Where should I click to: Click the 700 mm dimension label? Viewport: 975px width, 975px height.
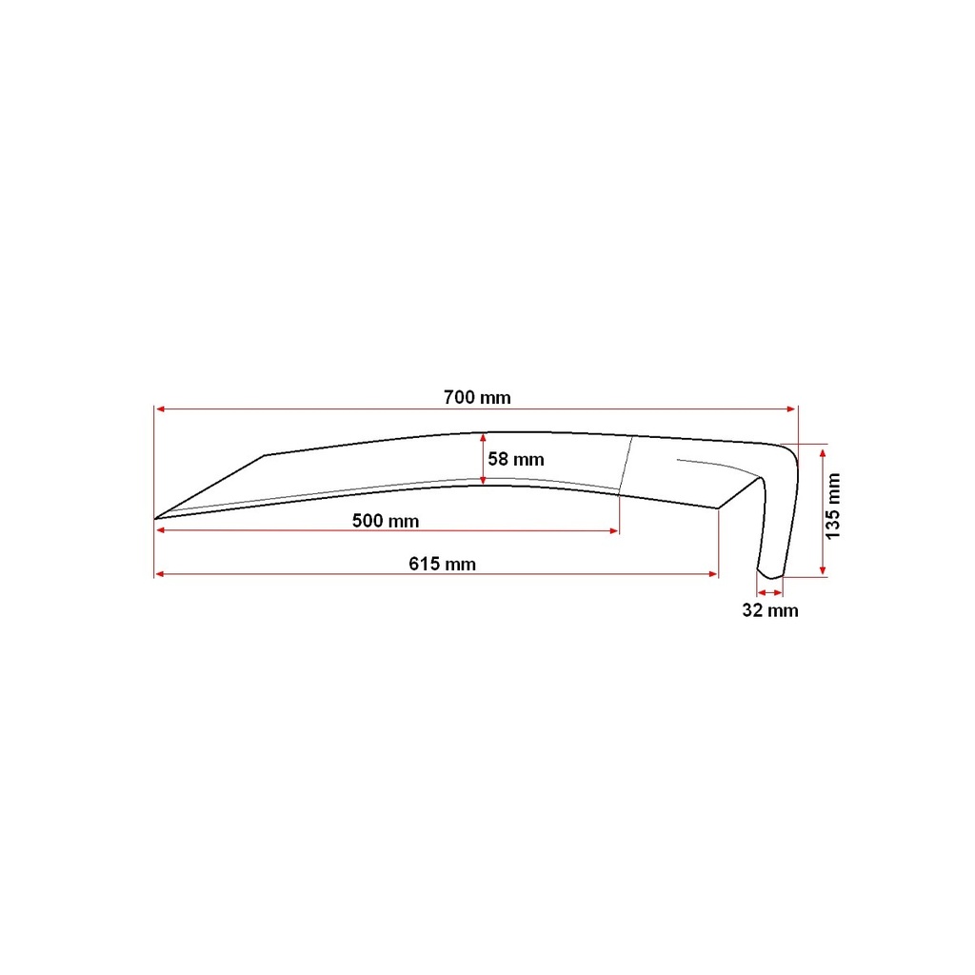(477, 397)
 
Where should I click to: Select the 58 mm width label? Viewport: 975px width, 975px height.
(515, 460)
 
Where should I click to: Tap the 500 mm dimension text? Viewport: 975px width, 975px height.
(386, 521)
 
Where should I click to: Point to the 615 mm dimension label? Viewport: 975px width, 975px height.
(442, 564)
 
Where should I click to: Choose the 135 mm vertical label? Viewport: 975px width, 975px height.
(833, 507)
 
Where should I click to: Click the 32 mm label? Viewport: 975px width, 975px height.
(769, 610)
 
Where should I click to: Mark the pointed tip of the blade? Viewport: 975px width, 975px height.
(155, 518)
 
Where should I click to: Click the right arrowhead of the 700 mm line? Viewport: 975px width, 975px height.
(791, 409)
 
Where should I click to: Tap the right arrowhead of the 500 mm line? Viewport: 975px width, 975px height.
(614, 531)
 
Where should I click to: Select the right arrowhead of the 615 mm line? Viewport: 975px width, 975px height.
(713, 574)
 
